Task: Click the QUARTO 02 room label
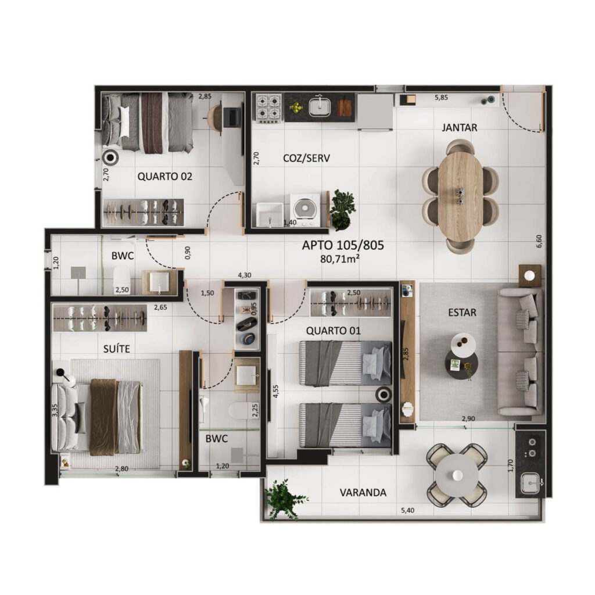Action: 164,176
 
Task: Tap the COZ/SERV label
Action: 307,158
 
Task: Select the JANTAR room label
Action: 459,127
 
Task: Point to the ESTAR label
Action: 462,313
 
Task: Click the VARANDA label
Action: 363,493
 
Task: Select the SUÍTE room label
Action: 116,349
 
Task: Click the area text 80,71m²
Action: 339,259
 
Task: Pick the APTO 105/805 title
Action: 343,245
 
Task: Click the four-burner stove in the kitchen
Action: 268,108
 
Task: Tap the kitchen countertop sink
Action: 319,107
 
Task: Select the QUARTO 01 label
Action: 333,331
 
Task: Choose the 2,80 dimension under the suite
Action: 121,469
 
